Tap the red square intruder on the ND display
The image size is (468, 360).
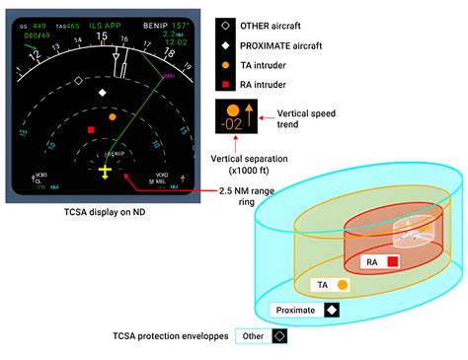[x=91, y=130]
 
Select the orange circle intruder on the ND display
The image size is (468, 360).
[x=112, y=116]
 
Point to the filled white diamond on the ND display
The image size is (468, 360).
[x=103, y=92]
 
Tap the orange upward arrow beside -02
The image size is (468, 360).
[x=249, y=113]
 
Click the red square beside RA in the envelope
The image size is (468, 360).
[x=392, y=261]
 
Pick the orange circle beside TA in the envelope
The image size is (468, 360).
[x=342, y=284]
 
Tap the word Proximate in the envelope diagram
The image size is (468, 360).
[x=296, y=310]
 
